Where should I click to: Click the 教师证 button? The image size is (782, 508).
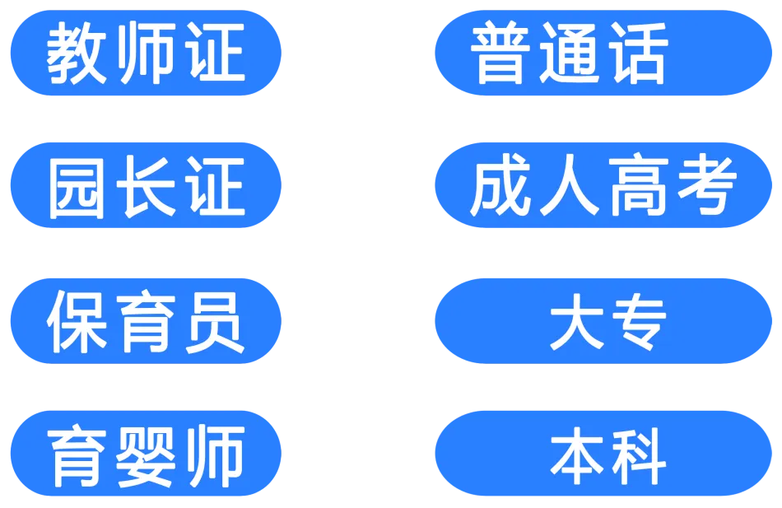click(145, 54)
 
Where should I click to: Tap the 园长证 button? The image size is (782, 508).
click(145, 186)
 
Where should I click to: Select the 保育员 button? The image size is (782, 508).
click(145, 321)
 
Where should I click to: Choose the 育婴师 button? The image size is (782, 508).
click(145, 454)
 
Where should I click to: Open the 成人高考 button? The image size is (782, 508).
click(603, 186)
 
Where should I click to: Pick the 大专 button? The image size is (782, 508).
click(603, 321)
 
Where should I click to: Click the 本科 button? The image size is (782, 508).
click(603, 454)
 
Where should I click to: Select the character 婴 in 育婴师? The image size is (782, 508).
click(146, 455)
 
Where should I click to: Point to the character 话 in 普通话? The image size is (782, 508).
click(635, 54)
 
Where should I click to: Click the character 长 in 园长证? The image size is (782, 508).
click(146, 187)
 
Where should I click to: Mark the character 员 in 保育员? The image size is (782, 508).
click(212, 321)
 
